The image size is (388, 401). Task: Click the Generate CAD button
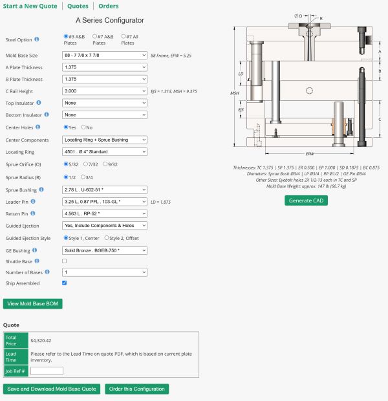306,200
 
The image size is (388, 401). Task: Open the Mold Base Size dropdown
105,55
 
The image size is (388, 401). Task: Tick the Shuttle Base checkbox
64,261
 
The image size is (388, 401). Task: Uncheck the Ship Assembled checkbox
64,283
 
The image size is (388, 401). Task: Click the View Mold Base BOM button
32,303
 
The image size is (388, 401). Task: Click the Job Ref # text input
47,371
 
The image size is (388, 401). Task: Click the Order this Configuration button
136,389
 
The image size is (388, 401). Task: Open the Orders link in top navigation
108,6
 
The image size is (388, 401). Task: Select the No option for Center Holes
83,127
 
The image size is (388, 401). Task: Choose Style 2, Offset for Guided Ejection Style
107,238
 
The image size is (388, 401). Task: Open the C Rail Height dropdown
105,91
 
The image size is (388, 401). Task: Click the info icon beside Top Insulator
39,103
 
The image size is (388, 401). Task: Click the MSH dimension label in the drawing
235,93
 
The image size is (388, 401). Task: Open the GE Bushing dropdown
105,250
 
